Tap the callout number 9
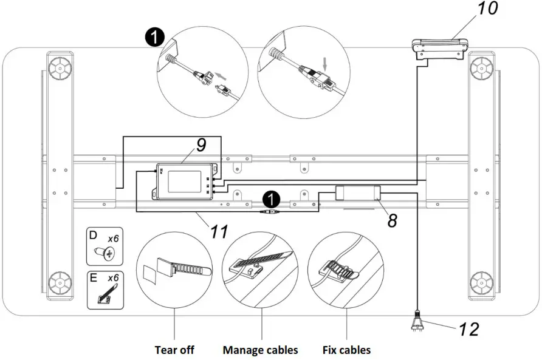pyautogui.click(x=201, y=145)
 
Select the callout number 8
pyautogui.click(x=393, y=219)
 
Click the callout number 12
pyautogui.click(x=468, y=329)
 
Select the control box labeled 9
pyautogui.click(x=182, y=181)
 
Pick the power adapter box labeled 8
pyautogui.click(x=358, y=193)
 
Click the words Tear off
pyautogui.click(x=174, y=350)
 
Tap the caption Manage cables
pyautogui.click(x=260, y=350)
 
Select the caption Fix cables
pyautogui.click(x=346, y=350)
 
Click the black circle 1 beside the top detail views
pyautogui.click(x=154, y=38)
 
